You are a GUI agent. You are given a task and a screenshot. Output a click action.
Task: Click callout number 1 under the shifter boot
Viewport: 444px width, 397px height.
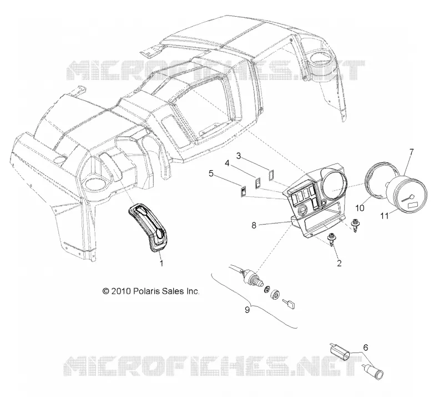(x=162, y=263)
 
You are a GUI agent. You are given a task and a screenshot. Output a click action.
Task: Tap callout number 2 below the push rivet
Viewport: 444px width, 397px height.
(x=339, y=263)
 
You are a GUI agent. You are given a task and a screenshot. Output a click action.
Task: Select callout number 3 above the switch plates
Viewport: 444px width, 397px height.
(x=239, y=156)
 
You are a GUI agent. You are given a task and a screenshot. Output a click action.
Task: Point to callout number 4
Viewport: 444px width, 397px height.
(x=227, y=163)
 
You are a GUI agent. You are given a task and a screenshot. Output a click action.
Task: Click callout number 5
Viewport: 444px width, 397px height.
(x=211, y=173)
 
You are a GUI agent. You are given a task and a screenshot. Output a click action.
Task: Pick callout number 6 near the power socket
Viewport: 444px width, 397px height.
(x=366, y=348)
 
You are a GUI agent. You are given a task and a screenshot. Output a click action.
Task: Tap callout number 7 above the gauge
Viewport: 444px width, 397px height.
(x=411, y=152)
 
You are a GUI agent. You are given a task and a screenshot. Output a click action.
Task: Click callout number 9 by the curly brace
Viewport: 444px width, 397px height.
(x=247, y=310)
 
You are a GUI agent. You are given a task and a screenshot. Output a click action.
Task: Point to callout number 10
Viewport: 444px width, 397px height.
(x=360, y=208)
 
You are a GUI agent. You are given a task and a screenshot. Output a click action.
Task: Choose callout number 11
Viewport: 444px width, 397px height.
(x=384, y=216)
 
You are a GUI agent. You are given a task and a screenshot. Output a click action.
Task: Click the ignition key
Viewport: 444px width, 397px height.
(x=289, y=304)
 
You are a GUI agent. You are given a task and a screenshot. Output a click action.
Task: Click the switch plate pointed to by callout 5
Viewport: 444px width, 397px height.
(x=243, y=191)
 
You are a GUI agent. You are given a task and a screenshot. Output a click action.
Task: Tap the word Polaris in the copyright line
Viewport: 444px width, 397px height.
(x=147, y=291)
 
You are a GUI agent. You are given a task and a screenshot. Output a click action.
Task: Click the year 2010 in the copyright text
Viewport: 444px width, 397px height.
(x=120, y=291)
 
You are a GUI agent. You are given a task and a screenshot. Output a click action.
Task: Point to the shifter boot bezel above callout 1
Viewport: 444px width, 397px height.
(x=149, y=227)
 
